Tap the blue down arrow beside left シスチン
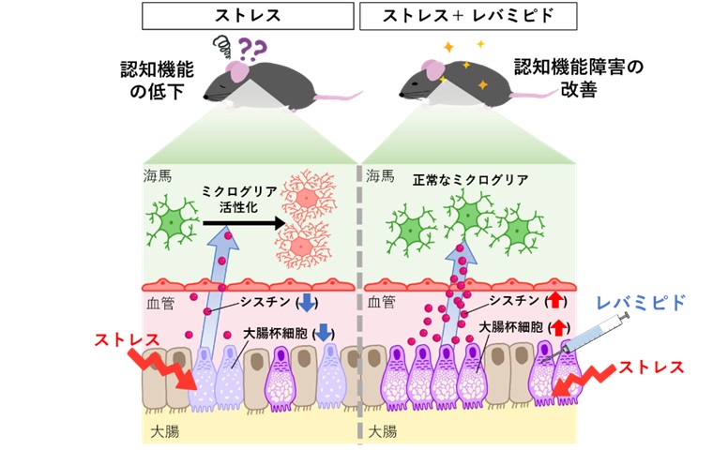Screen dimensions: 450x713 coord(307,303)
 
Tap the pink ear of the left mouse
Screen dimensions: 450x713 coord(240,71)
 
